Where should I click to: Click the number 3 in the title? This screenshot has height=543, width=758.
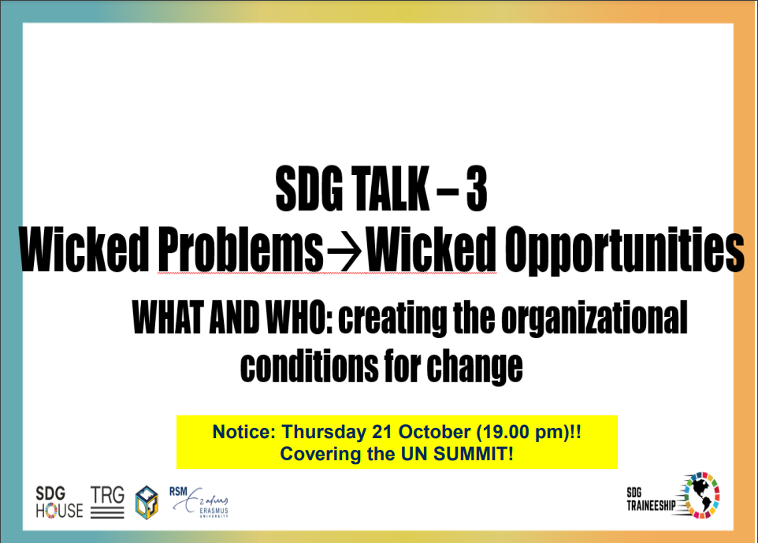coord(477,188)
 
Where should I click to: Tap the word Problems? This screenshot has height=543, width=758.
coord(240,250)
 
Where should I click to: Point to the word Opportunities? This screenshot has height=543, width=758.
coord(624,250)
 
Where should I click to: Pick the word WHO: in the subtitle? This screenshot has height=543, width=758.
coord(299,317)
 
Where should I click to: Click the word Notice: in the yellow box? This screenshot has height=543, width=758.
coord(244,432)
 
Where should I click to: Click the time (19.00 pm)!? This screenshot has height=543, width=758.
coord(529,433)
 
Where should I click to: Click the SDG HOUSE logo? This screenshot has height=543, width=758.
coord(59,502)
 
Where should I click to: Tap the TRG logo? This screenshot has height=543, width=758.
coord(107,502)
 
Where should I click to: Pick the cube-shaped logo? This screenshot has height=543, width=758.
coord(147,502)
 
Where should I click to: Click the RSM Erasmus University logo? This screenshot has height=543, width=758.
coord(199,502)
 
